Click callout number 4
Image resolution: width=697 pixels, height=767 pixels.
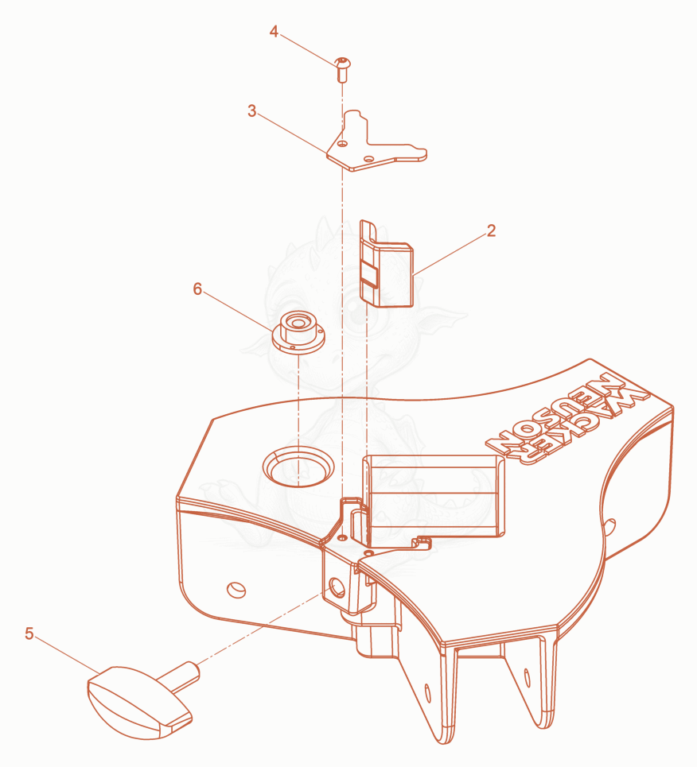[x=274, y=32]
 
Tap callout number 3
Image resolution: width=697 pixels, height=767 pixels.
[x=251, y=111]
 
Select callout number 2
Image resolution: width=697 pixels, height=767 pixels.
[x=491, y=230]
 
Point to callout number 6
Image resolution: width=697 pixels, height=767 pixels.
[x=197, y=289]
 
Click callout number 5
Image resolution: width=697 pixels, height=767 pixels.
[x=29, y=633]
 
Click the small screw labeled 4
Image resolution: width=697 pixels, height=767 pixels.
[x=343, y=69]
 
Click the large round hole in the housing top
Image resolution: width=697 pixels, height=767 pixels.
[x=298, y=467]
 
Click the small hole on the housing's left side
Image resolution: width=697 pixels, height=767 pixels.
[x=236, y=590]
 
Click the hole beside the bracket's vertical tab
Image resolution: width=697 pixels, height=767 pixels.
[x=343, y=144]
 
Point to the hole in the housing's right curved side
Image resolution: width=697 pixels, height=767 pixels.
[x=609, y=527]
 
